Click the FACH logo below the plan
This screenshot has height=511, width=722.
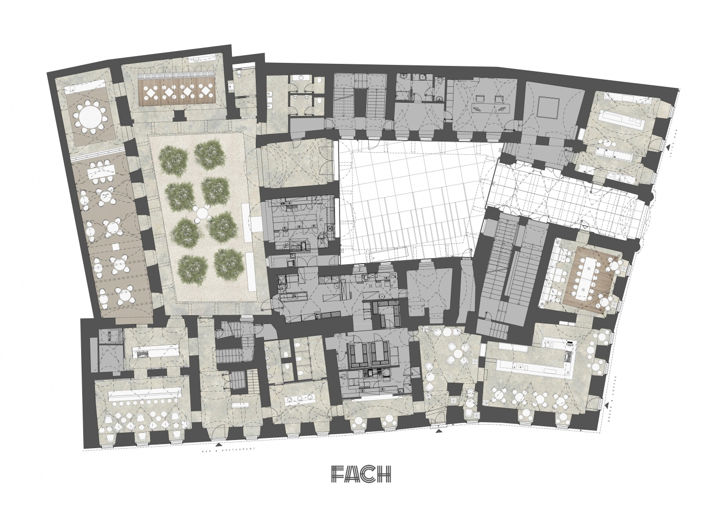[x=360, y=474]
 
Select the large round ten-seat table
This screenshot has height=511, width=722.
[x=89, y=116]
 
